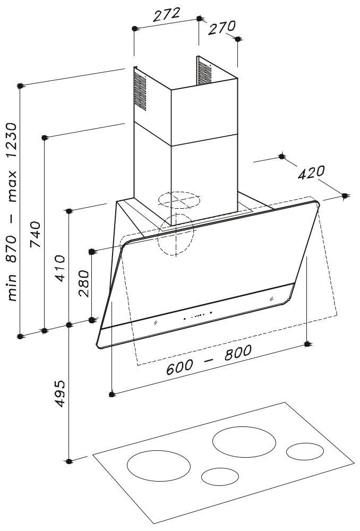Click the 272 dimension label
166,14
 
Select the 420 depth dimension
311,173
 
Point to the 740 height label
36,234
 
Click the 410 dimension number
60,269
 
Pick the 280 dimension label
84,284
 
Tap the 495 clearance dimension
60,393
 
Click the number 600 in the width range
179,367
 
